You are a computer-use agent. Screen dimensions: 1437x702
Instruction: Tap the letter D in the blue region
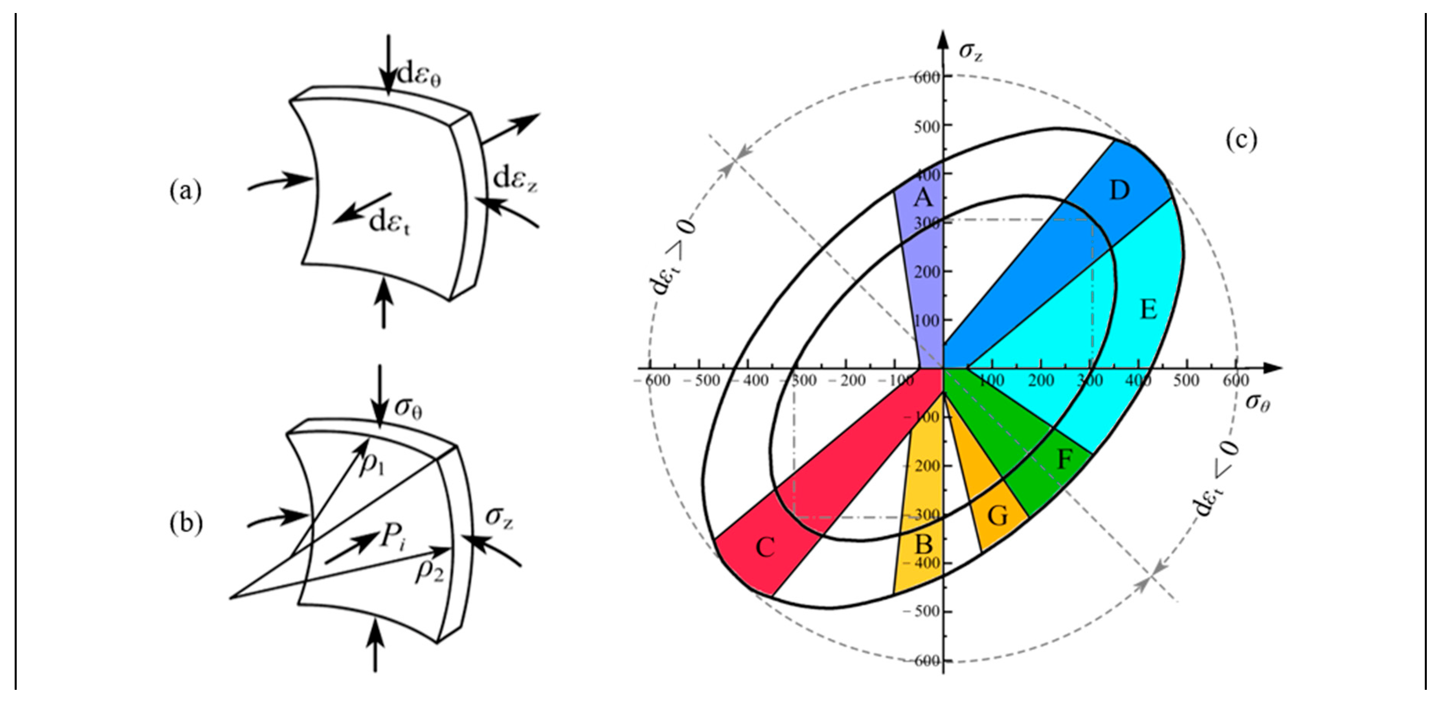1119,191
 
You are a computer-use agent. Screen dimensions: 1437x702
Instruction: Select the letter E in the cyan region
1148,309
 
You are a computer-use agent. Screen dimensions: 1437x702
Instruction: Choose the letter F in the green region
1065,459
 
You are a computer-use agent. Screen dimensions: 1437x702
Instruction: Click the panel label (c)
1241,140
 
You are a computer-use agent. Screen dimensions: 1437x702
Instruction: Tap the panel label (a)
185,191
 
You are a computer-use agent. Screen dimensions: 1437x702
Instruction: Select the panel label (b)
186,524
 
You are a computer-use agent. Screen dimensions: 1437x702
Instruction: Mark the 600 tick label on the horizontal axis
1235,380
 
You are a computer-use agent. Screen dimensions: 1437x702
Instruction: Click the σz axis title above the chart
971,52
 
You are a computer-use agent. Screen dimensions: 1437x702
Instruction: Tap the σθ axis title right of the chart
1257,402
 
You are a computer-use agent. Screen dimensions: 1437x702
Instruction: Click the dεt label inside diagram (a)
389,223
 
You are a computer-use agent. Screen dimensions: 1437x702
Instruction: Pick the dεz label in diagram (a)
516,179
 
